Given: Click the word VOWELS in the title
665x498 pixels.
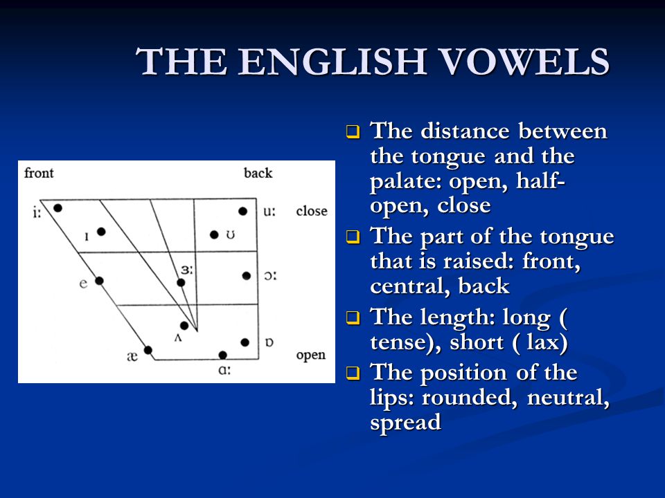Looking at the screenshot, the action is tap(525, 62).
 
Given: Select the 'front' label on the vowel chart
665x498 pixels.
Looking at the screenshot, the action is tap(39, 173).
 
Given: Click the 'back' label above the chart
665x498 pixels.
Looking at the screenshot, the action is tap(258, 173).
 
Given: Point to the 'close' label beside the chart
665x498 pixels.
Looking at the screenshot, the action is tap(312, 210).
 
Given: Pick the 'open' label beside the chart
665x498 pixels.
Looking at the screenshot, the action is tap(311, 356).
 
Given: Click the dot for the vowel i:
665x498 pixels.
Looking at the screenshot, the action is tap(58, 208).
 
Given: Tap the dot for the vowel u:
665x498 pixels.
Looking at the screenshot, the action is tap(242, 211).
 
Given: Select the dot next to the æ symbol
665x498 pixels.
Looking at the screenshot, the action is tap(148, 350).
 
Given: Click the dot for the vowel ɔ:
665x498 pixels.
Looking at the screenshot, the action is tap(247, 276).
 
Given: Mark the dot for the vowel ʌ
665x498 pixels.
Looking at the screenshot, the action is tap(184, 326).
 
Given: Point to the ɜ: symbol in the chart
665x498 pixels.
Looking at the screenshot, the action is tap(186, 270).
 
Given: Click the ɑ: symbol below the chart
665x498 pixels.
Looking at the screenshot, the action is tap(224, 370).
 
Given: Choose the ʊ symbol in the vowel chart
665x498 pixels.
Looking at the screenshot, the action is tap(230, 234).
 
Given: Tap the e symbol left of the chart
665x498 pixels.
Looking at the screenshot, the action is tap(84, 283).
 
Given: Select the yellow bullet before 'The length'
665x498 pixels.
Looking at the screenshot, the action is tap(353, 317).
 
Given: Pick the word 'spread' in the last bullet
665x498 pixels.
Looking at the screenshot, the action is tap(406, 423).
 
